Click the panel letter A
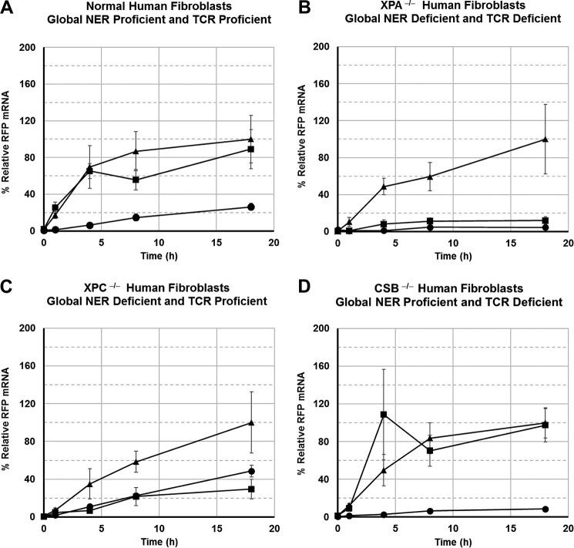click(x=7, y=7)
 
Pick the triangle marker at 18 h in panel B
click(x=545, y=140)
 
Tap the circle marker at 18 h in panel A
click(x=251, y=207)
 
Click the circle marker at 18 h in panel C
click(x=251, y=471)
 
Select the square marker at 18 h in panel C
click(x=251, y=489)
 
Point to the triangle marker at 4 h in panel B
click(x=384, y=186)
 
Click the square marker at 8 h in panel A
click(x=136, y=180)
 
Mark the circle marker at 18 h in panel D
click(x=545, y=509)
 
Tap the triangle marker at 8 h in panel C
click(x=136, y=462)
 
